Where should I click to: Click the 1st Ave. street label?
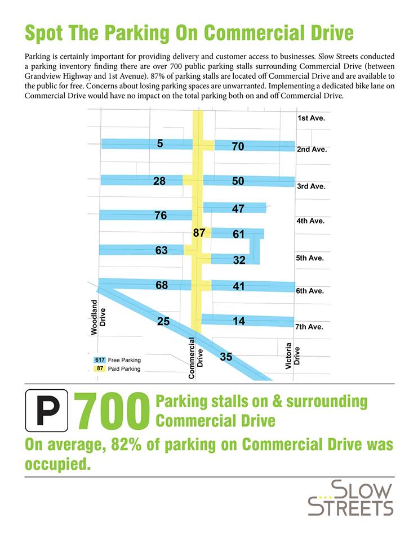(x=311, y=119)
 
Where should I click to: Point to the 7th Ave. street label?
(x=309, y=326)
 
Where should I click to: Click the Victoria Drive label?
(x=292, y=355)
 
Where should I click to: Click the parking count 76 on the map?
(x=161, y=215)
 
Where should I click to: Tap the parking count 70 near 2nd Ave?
(x=238, y=146)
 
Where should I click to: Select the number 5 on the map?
(x=160, y=143)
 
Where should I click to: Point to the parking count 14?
(x=239, y=321)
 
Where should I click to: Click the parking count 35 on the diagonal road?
(x=226, y=356)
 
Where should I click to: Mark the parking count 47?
(x=238, y=209)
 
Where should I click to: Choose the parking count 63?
(x=162, y=250)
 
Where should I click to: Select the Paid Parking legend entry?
(x=117, y=369)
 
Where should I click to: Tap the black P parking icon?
(x=47, y=414)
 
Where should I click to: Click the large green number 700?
(x=112, y=414)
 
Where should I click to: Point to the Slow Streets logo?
(x=350, y=497)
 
